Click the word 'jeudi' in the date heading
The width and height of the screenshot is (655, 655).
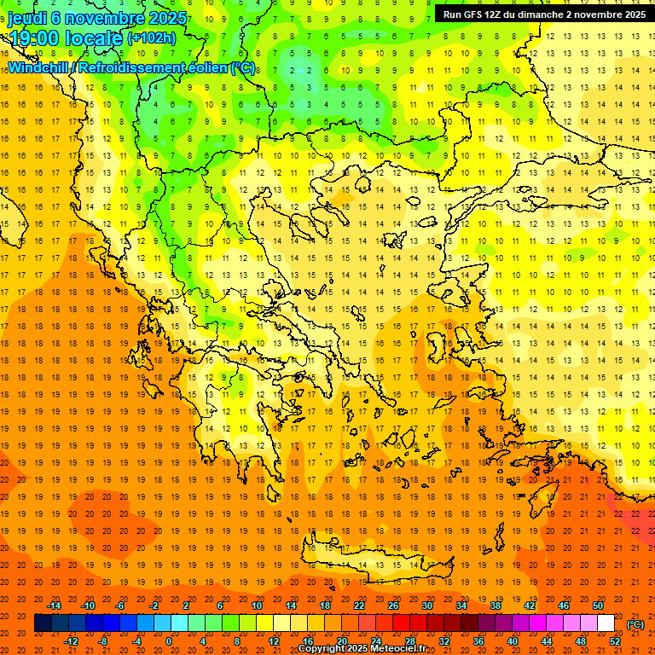27,18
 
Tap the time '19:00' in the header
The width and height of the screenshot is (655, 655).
35,38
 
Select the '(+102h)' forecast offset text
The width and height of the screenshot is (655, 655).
152,38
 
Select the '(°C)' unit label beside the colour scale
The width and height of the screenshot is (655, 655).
635,624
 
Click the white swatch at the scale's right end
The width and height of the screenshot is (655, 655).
606,623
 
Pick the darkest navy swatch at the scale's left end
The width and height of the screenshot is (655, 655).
43,623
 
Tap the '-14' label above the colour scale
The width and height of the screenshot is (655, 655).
55,606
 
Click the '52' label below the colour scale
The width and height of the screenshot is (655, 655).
615,641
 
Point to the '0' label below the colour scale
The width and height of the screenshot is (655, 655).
169,641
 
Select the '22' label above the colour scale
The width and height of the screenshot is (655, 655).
359,606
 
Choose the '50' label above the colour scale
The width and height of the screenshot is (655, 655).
598,606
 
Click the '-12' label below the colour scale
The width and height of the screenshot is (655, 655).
72,641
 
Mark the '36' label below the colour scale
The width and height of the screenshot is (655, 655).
478,641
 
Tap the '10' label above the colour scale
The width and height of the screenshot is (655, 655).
257,606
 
